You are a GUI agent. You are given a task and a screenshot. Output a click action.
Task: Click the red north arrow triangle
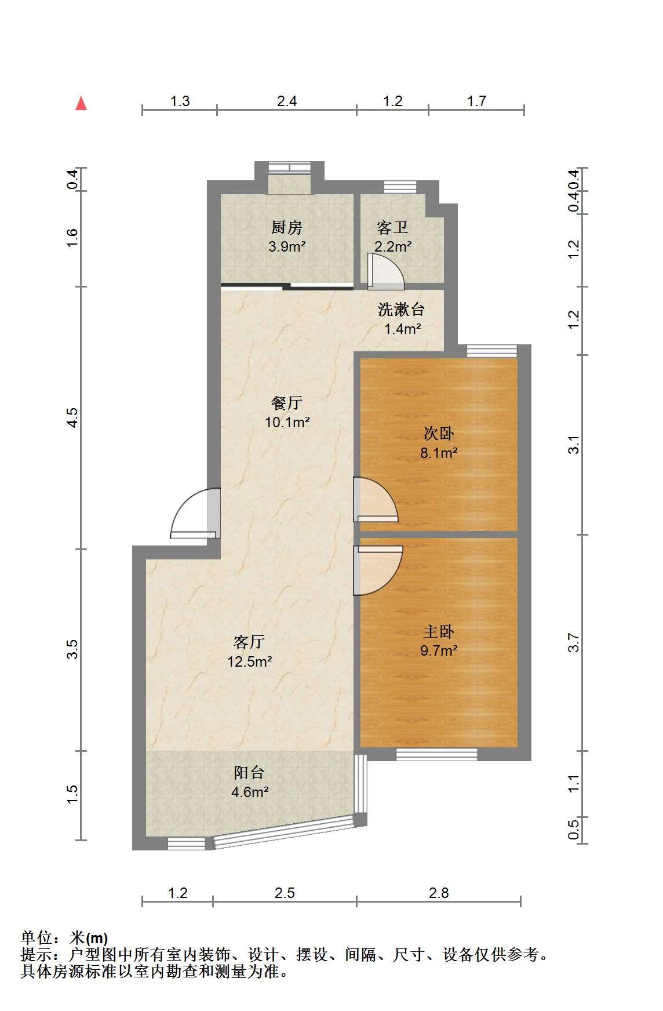pos(81,104)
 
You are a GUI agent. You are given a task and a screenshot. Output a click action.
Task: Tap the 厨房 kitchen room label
pos(287,227)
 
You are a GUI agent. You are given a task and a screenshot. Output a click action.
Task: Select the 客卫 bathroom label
pos(392,227)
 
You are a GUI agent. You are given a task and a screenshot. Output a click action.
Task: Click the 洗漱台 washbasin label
pos(401,310)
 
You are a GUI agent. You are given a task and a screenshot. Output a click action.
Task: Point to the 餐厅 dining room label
pos(287,403)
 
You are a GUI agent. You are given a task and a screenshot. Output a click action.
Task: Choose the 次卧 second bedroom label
pos(439,434)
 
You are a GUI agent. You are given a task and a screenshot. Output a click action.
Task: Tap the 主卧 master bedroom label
pos(439,631)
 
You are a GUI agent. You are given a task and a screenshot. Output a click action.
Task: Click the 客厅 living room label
pos(250,642)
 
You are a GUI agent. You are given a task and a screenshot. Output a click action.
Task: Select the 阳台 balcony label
pos(250,772)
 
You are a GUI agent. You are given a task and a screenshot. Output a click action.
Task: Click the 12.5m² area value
pos(250,661)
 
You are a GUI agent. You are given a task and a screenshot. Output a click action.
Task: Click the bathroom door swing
pos(386,271)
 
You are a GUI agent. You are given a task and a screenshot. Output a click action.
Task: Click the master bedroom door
pos(378,570)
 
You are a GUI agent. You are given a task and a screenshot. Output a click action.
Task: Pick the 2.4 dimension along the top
pos(287,101)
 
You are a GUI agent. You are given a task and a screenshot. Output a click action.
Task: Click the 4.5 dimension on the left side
pos(72,417)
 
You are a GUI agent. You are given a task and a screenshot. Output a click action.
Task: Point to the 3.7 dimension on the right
pos(574,642)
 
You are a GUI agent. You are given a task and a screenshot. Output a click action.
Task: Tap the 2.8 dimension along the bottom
pos(439,893)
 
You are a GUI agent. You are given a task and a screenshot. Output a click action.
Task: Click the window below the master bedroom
pos(437,754)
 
